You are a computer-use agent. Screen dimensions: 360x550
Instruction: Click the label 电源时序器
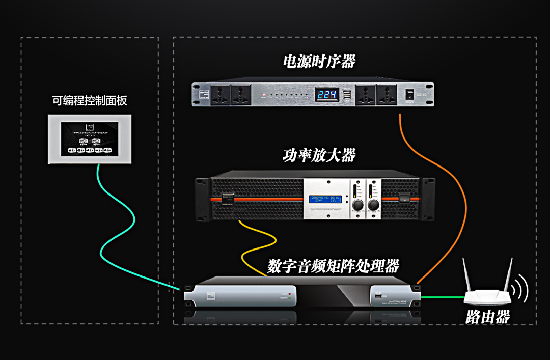(x=319, y=62)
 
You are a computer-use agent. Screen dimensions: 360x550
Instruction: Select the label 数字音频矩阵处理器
(x=333, y=266)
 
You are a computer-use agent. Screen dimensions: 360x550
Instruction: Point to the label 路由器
(x=487, y=317)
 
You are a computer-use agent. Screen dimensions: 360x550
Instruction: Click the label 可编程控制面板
(x=89, y=100)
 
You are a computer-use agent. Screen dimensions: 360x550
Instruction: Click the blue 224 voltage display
(x=323, y=95)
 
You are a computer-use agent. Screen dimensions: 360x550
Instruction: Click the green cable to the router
(x=443, y=297)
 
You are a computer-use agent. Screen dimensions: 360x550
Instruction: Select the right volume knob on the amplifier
(x=373, y=205)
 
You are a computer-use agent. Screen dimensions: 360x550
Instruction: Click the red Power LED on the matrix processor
(x=289, y=294)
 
